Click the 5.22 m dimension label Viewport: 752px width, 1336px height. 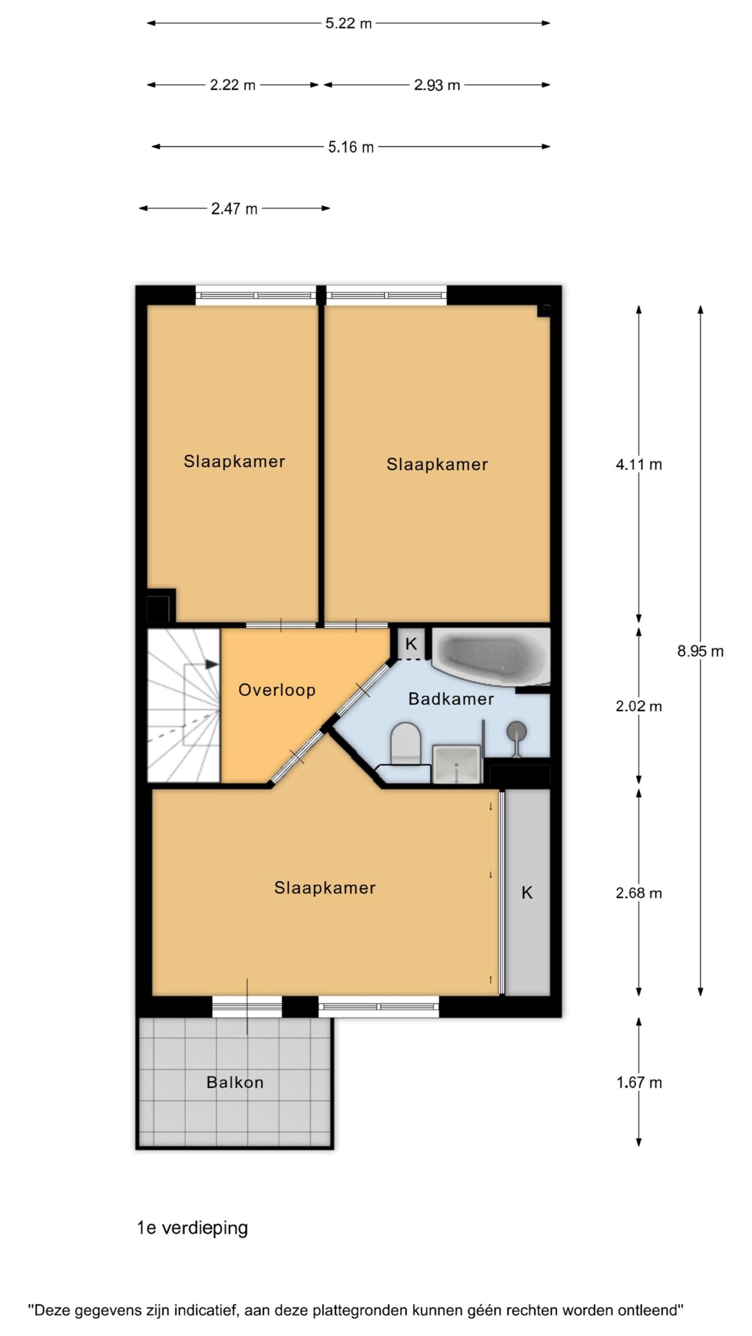[348, 23]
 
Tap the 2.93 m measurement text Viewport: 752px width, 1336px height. [437, 85]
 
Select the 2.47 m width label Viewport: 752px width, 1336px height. [234, 209]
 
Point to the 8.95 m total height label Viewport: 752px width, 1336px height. [700, 651]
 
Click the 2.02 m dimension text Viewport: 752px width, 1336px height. [639, 706]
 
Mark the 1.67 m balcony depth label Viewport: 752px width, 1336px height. [639, 1082]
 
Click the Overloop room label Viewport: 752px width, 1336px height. [277, 690]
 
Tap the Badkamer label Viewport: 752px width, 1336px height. [451, 699]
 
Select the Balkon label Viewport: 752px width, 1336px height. [235, 1082]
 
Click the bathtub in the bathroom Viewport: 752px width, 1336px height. [491, 655]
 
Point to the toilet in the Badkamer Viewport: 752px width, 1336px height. [406, 743]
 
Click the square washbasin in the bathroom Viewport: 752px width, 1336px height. [456, 764]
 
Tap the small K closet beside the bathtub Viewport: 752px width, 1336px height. [411, 644]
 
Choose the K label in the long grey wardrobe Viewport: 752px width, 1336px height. [527, 893]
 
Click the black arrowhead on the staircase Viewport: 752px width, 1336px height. [211, 664]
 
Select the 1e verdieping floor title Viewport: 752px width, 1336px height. [192, 1228]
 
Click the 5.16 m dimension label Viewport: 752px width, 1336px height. [351, 147]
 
